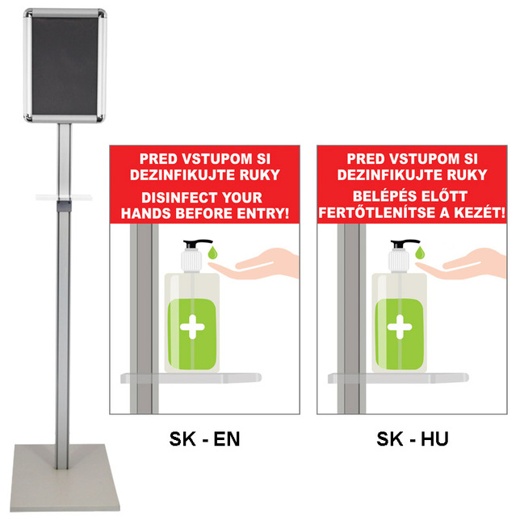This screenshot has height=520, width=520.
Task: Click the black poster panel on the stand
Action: (x=65, y=65)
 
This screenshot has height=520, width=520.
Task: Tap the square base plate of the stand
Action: (x=65, y=477)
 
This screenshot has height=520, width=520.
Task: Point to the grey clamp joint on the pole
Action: (x=64, y=206)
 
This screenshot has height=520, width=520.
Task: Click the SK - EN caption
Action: (x=204, y=438)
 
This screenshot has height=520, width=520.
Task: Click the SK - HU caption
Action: (x=413, y=438)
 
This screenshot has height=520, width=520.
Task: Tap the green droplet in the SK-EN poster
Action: (x=212, y=253)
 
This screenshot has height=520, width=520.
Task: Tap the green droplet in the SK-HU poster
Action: (x=420, y=253)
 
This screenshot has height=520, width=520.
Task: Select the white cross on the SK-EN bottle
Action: (x=192, y=327)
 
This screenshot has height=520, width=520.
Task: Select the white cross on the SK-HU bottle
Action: (x=400, y=327)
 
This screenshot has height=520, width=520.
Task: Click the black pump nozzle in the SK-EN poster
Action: (x=197, y=244)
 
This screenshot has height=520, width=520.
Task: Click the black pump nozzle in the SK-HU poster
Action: (x=405, y=244)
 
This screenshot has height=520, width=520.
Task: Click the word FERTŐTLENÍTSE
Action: (x=377, y=212)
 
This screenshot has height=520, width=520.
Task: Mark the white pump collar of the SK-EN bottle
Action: (x=191, y=262)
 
